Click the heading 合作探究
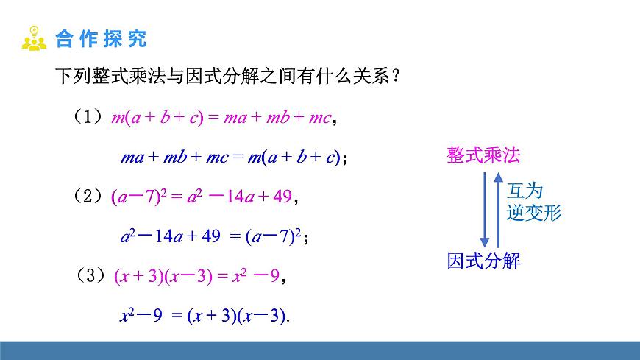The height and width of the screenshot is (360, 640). point(101,38)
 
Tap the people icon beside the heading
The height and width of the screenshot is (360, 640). point(34,38)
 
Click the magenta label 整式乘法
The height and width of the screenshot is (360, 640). point(483,155)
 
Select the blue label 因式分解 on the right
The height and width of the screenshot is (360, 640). point(483,260)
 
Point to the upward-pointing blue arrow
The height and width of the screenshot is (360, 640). point(499,210)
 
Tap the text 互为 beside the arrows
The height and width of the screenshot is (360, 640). point(525,191)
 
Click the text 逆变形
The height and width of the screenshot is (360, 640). point(534,213)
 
